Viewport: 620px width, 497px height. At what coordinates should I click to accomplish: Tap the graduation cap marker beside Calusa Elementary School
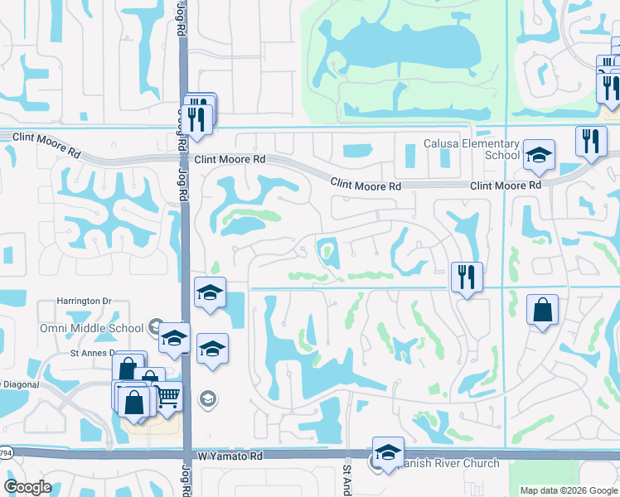click(x=539, y=155)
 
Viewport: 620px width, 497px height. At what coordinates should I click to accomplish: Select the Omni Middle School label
click(x=91, y=328)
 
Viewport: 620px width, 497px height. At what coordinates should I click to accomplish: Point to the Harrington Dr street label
click(x=84, y=301)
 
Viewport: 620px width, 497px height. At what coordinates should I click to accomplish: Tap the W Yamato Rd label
click(x=230, y=456)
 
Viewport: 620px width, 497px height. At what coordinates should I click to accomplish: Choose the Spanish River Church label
click(x=448, y=464)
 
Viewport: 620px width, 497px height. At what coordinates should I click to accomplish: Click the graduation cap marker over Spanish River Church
click(x=387, y=452)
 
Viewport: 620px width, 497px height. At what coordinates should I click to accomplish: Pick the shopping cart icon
click(x=168, y=398)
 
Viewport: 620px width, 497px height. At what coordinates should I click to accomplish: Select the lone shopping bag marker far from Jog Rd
click(x=542, y=311)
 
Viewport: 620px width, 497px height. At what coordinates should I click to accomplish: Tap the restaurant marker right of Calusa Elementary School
click(x=589, y=141)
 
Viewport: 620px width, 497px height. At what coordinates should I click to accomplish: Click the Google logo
click(x=27, y=487)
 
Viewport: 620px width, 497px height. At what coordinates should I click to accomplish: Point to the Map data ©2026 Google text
click(x=569, y=490)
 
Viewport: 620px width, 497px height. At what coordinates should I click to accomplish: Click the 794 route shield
click(x=5, y=453)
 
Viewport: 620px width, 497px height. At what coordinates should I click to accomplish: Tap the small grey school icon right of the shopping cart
click(x=207, y=399)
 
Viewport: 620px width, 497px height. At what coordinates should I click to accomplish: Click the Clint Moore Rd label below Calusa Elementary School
click(x=506, y=186)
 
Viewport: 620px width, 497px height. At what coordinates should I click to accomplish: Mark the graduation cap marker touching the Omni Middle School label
click(x=173, y=338)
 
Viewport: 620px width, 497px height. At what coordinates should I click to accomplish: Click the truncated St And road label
click(x=348, y=479)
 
